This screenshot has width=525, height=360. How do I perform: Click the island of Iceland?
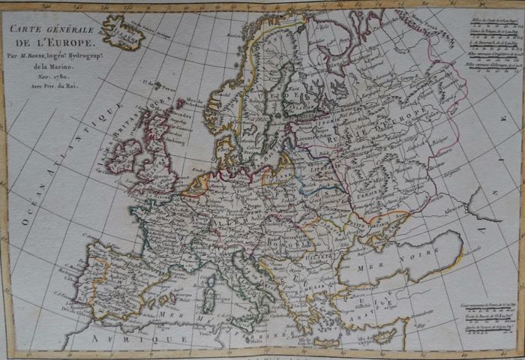click(x=124, y=31)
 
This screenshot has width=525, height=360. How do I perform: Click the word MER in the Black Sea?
click(x=369, y=268)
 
